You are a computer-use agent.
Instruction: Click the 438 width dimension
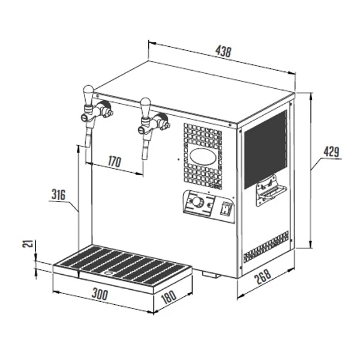tap(223, 52)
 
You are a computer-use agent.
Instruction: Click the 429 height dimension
tap(332, 152)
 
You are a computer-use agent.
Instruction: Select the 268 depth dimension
tap(263, 277)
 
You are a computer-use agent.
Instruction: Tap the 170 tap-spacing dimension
tap(115, 161)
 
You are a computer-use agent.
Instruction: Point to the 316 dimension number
tap(58, 194)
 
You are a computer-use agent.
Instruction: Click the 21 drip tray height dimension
tap(28, 244)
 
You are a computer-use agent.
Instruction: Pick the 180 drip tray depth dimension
tap(169, 297)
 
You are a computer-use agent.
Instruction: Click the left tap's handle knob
tap(88, 94)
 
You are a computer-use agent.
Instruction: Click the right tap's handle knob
tap(145, 107)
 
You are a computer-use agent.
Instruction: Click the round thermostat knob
tap(197, 202)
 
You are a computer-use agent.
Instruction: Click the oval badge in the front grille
tap(203, 157)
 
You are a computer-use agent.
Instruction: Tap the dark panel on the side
tap(266, 149)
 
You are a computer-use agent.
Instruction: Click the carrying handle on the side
tap(271, 190)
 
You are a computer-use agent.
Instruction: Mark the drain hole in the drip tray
tap(108, 273)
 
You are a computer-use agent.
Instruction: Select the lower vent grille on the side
tap(266, 247)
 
